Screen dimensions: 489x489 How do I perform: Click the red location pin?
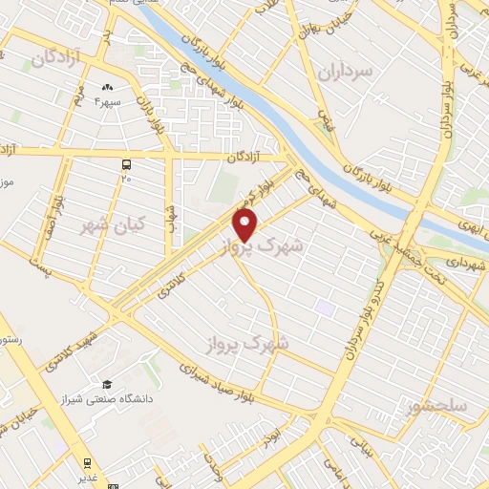pyautogui.click(x=245, y=225)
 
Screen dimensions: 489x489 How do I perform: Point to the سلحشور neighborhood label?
pyautogui.click(x=435, y=408)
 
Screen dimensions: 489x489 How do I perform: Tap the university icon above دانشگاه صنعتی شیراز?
pyautogui.click(x=108, y=384)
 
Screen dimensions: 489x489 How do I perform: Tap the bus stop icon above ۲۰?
pyautogui.click(x=126, y=164)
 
